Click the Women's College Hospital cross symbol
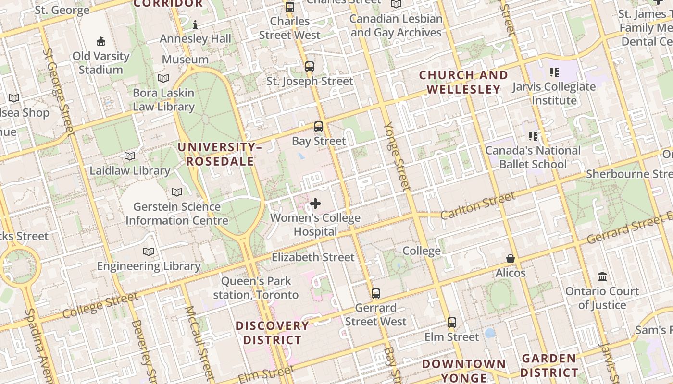pyautogui.click(x=315, y=204)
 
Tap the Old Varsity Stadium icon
pyautogui.click(x=101, y=42)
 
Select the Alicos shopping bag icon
pyautogui.click(x=511, y=259)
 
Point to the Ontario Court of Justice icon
pyautogui.click(x=602, y=277)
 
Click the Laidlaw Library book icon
pyautogui.click(x=130, y=156)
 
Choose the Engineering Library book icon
pyautogui.click(x=149, y=252)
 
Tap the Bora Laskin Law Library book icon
pyautogui.click(x=163, y=78)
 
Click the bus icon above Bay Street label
pyautogui.click(x=319, y=127)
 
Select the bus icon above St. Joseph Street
pyautogui.click(x=310, y=67)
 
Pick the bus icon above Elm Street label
pyautogui.click(x=452, y=323)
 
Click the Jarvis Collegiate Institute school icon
pyautogui.click(x=554, y=72)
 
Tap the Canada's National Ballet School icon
pyautogui.click(x=533, y=136)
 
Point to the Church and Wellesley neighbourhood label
pyautogui.click(x=463, y=82)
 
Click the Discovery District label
pyautogui.click(x=272, y=333)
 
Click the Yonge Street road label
pyautogui.click(x=397, y=156)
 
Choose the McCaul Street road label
pyautogui.click(x=199, y=341)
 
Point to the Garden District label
pyautogui.click(x=548, y=365)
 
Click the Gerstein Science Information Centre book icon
pyautogui.click(x=177, y=192)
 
